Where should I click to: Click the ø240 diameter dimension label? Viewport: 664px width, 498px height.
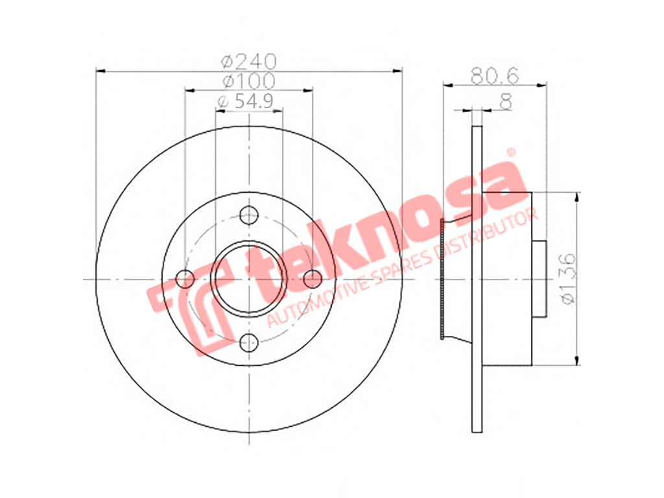[249, 62]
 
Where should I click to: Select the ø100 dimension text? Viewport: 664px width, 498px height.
[249, 81]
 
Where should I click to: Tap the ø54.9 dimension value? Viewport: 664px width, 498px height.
[244, 101]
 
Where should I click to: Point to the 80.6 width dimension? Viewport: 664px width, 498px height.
[495, 77]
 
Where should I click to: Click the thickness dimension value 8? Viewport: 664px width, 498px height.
[506, 102]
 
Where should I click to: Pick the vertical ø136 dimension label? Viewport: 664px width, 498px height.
[567, 278]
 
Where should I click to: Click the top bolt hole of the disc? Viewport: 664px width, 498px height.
[249, 215]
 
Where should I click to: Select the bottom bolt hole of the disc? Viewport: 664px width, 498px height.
[249, 342]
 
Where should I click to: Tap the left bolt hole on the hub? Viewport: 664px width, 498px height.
[185, 279]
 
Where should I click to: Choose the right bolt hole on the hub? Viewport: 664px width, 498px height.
[313, 279]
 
